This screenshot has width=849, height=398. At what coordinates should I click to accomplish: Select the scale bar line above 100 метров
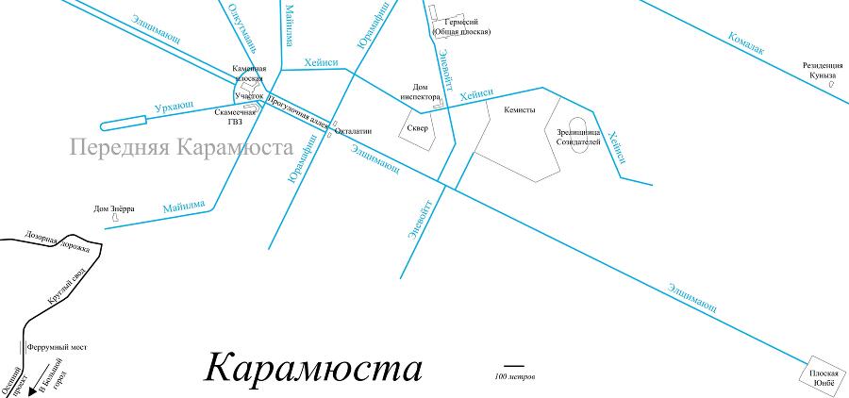513,365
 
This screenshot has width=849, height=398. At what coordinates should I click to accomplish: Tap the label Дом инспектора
422,91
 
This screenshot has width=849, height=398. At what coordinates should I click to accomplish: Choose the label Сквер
417,128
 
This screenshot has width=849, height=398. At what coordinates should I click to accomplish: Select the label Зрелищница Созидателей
578,137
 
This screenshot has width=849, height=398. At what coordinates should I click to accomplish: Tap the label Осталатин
353,131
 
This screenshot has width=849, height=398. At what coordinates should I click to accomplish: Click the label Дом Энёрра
114,208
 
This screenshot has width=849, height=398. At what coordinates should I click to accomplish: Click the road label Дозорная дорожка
58,241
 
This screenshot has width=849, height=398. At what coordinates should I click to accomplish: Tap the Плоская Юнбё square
823,378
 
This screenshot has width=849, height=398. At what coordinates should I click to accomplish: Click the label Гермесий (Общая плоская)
461,26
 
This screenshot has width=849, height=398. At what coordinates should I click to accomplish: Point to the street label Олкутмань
242,24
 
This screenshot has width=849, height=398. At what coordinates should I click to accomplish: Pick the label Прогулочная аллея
298,110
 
